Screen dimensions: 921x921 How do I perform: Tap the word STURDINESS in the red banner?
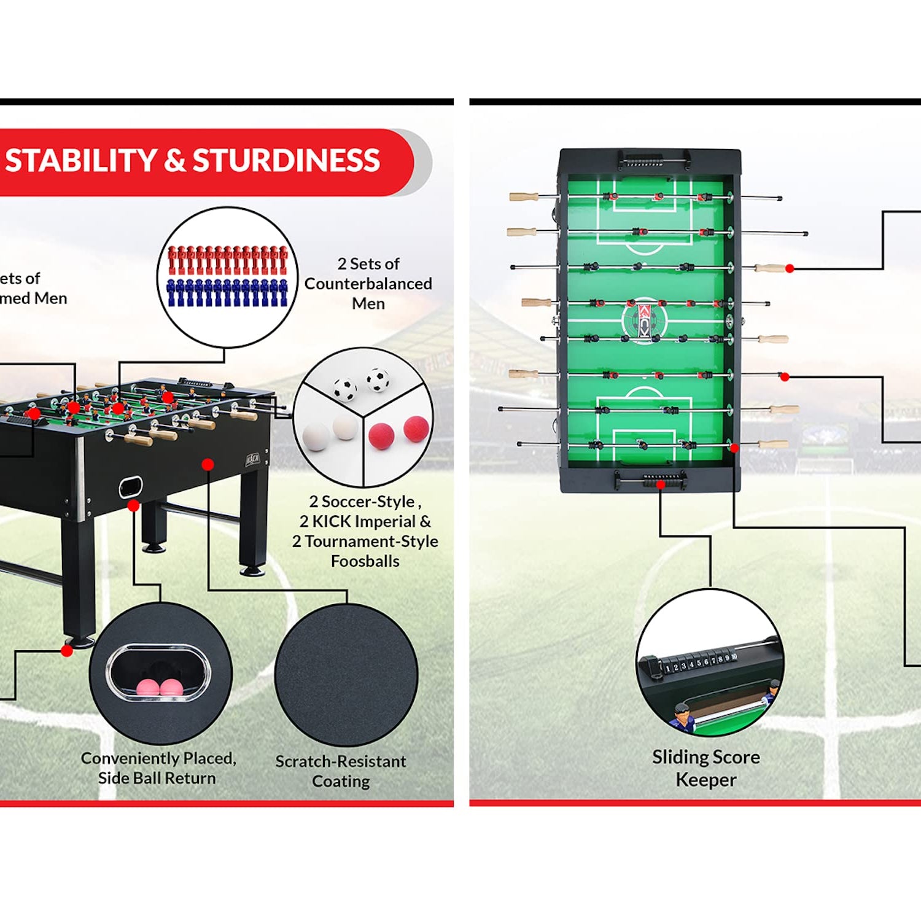coord(286,161)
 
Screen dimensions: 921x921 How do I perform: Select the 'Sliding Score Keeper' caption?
coord(706,768)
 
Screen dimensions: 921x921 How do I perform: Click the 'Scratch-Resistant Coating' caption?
coord(341,771)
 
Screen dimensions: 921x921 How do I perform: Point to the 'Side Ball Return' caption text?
coord(157,779)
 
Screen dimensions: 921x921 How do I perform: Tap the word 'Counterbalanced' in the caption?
coord(368,284)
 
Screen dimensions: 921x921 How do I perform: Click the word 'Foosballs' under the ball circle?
coord(365,561)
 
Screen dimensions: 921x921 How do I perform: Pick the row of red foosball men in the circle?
coord(227,260)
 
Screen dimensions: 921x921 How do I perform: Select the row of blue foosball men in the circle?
coord(227,293)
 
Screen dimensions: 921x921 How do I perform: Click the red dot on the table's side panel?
coord(208,464)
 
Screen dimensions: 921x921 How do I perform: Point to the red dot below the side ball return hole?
coord(133,506)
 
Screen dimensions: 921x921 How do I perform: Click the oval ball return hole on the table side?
coord(130,487)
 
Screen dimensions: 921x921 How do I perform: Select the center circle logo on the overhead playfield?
coord(643,320)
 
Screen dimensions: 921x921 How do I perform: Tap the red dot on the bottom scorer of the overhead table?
coord(661,484)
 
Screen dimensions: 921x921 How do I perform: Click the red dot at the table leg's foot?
coord(67,651)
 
